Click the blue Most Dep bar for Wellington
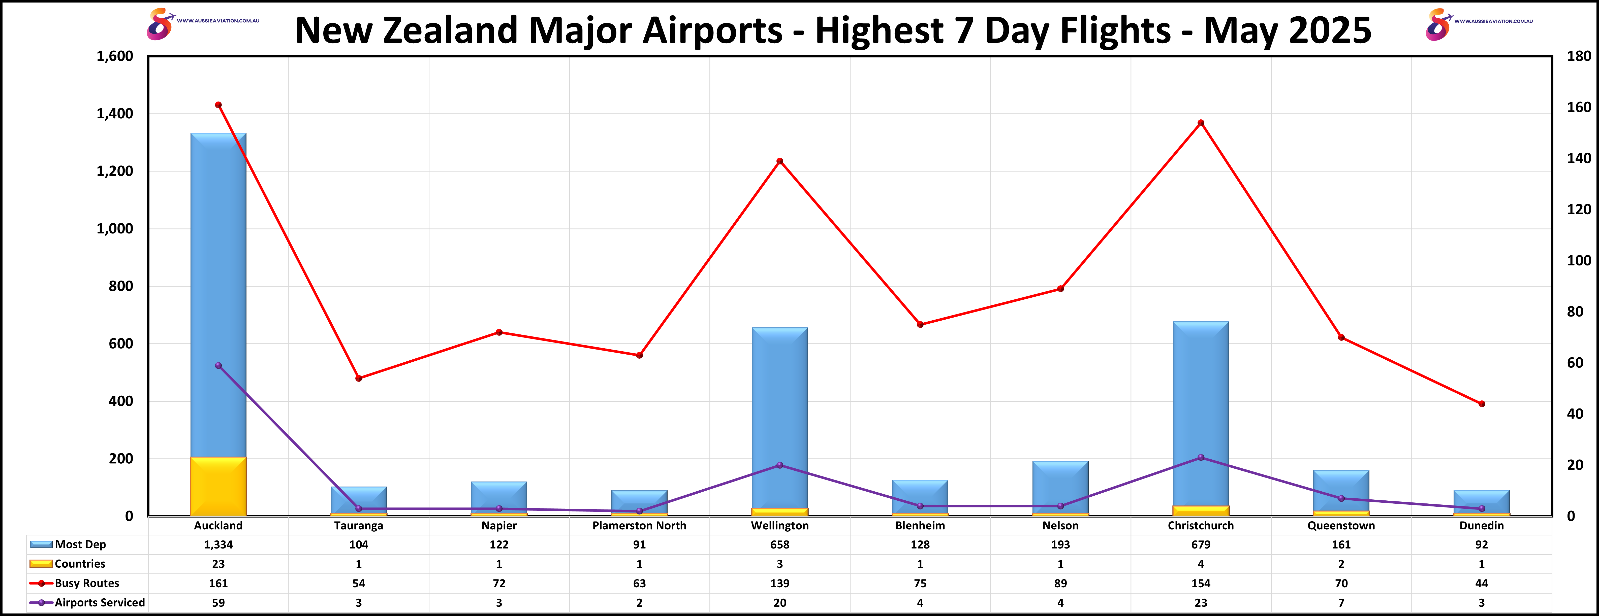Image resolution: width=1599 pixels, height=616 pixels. click(x=780, y=416)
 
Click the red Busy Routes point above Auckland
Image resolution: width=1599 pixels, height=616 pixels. click(x=218, y=105)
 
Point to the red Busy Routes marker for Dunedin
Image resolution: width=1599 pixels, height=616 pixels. click(x=1482, y=404)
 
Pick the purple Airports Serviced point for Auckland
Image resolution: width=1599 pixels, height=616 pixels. click(x=218, y=366)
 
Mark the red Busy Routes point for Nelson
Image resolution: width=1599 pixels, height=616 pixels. click(x=1060, y=288)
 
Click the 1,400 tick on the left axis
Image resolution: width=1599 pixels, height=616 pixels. click(x=115, y=114)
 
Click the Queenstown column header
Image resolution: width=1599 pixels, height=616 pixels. click(x=1341, y=525)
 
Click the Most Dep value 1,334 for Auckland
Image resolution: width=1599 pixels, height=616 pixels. click(x=218, y=545)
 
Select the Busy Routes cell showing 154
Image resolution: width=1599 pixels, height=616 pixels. click(x=1201, y=583)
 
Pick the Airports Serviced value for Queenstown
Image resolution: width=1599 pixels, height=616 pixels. click(x=1341, y=602)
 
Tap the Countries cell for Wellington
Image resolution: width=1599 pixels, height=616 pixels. click(x=780, y=564)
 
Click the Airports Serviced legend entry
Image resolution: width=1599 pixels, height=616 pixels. click(x=99, y=602)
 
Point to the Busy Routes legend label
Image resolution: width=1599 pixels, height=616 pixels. click(x=87, y=583)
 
